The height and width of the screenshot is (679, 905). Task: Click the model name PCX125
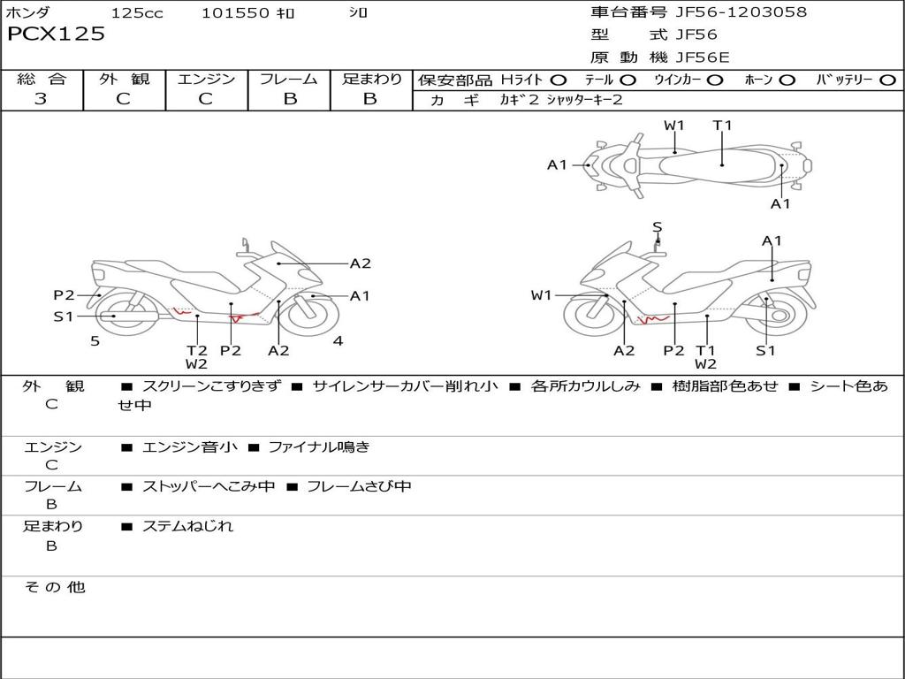click(56, 34)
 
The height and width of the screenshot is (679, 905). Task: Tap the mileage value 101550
click(234, 12)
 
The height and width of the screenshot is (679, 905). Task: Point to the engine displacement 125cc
click(137, 12)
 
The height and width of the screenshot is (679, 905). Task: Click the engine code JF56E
click(703, 57)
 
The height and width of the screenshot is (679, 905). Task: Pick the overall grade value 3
click(41, 99)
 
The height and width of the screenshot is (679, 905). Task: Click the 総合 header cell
click(42, 80)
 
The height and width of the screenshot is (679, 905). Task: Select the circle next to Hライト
click(559, 80)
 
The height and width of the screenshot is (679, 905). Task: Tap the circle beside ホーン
click(787, 80)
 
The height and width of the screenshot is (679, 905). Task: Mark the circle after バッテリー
click(887, 80)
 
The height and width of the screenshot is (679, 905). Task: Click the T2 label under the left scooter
click(196, 350)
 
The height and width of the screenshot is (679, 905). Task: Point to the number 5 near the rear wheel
click(95, 341)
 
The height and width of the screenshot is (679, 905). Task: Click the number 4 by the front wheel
click(338, 341)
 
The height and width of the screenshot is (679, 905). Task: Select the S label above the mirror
click(657, 227)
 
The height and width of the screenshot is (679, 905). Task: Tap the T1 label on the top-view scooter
click(723, 125)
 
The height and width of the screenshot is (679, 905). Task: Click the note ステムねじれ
click(187, 526)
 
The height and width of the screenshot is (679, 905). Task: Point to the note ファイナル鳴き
click(318, 447)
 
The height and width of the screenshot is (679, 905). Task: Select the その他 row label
click(54, 587)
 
